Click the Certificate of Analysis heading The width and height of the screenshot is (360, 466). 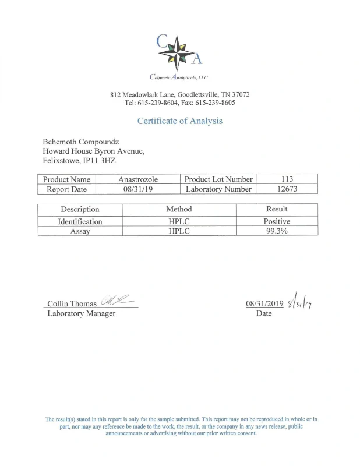point(179,121)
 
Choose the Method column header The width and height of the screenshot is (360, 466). point(179,209)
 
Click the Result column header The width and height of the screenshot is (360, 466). point(277,209)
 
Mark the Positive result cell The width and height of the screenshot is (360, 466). point(277,221)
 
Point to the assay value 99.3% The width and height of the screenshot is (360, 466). point(277,231)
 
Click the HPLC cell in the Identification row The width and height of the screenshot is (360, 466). point(179,221)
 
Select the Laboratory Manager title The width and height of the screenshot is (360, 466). point(81,313)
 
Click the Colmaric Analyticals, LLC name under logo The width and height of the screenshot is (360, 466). point(179,77)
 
